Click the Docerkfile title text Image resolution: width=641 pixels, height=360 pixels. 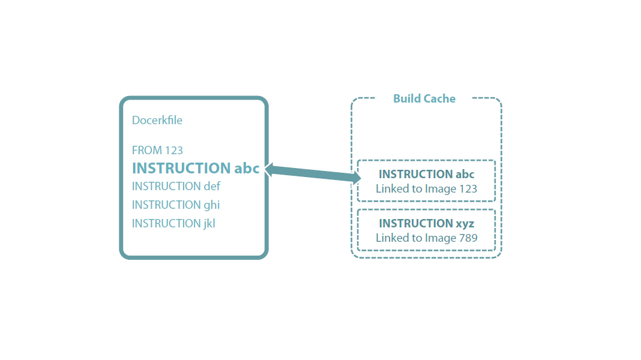(x=157, y=121)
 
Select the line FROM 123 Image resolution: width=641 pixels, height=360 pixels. (x=157, y=150)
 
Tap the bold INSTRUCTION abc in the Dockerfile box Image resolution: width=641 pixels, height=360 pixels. (x=196, y=168)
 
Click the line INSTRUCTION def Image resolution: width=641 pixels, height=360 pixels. (x=176, y=186)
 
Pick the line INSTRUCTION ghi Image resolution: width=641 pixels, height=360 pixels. (x=176, y=205)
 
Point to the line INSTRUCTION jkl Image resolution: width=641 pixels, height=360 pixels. (x=173, y=223)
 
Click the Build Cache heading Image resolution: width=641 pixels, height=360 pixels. (x=424, y=98)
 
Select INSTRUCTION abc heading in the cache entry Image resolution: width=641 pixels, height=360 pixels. (x=426, y=174)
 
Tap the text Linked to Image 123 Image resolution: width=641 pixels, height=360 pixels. (x=426, y=188)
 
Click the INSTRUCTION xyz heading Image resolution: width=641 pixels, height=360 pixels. (x=426, y=223)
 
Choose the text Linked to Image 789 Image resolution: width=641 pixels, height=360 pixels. (x=426, y=238)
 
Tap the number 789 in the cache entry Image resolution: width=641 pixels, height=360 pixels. (x=468, y=238)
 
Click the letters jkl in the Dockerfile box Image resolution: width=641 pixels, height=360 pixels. (x=209, y=223)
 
